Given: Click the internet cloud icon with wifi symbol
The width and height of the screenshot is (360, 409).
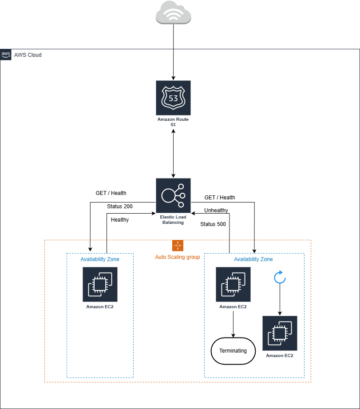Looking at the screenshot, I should [x=173, y=14].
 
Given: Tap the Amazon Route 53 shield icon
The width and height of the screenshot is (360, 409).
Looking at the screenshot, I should [x=173, y=98].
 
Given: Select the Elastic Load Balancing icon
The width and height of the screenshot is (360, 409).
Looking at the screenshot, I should [x=173, y=195].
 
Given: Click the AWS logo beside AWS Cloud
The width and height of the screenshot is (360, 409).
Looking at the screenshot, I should [x=6, y=55].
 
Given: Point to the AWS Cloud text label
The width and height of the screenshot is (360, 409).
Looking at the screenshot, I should [x=28, y=55].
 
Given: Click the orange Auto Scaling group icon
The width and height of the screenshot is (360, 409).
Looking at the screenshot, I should [x=178, y=246].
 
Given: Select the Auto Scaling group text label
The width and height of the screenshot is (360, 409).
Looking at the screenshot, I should [x=178, y=257].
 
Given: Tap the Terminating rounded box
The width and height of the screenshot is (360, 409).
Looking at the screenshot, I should [x=233, y=351].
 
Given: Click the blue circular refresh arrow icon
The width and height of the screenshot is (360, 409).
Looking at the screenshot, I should [x=280, y=278].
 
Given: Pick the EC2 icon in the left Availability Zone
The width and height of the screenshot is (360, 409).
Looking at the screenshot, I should [x=100, y=284].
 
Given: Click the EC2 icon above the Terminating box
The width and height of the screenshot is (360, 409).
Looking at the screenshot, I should [x=233, y=284].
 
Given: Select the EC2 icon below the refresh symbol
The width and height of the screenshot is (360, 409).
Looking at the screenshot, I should [x=280, y=333].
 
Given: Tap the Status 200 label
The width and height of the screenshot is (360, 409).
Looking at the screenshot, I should [x=120, y=206].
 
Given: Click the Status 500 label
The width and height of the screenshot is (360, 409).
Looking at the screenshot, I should [x=213, y=224].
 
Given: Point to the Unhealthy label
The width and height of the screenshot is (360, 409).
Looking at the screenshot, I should [x=216, y=210].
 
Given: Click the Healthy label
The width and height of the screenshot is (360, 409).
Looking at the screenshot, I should [x=120, y=220].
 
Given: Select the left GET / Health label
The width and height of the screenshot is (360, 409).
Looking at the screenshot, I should [x=111, y=193].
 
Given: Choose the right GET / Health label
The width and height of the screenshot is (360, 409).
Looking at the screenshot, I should [x=220, y=198].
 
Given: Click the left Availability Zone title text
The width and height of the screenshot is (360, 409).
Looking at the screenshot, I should [x=100, y=259].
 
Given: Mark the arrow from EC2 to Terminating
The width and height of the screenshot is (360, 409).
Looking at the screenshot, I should [x=233, y=323].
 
